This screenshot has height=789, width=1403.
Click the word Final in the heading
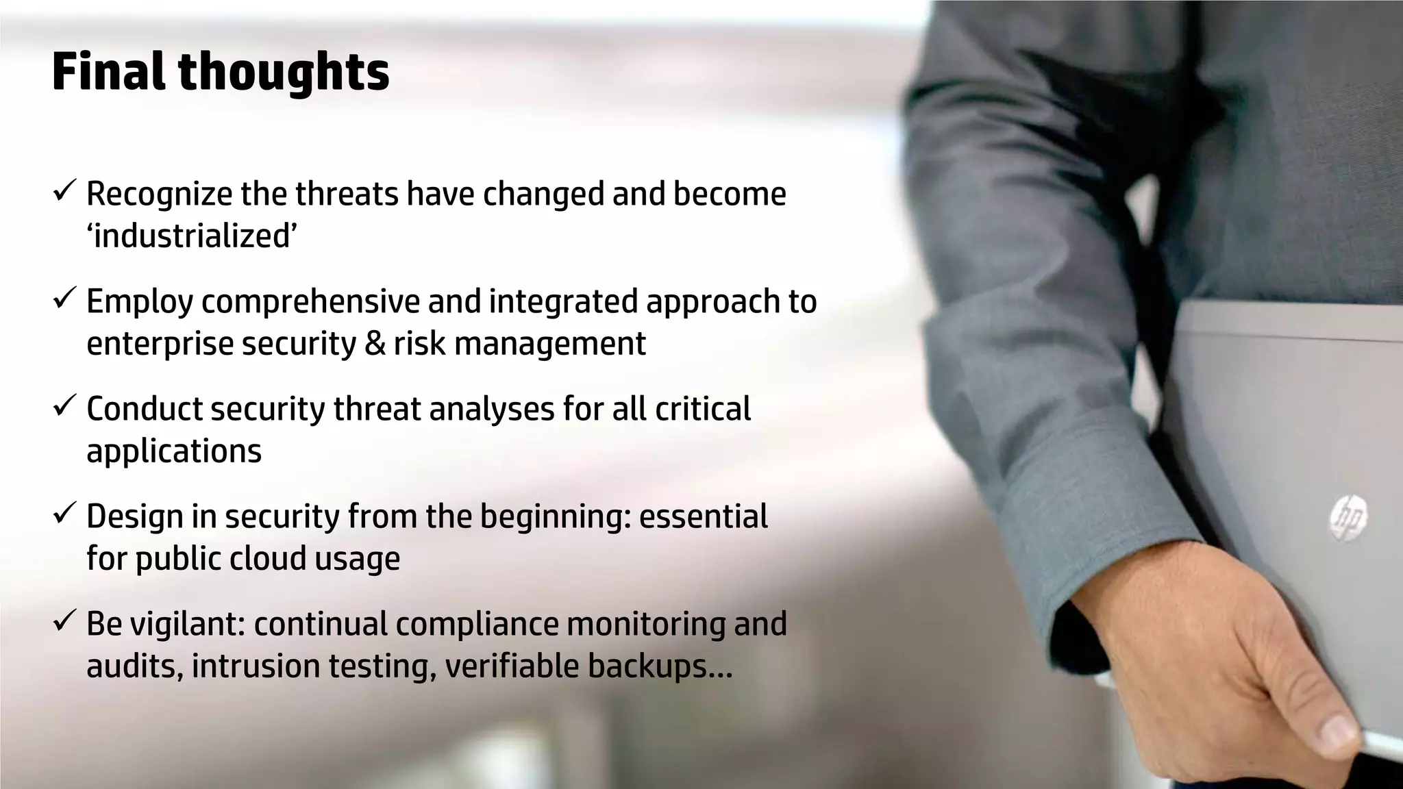pos(108,72)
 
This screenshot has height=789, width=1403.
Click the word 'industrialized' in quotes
pos(192,236)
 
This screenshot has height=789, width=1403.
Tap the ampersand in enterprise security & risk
pos(375,343)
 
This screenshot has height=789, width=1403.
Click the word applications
pos(174,451)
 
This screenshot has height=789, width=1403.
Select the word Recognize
pos(159,195)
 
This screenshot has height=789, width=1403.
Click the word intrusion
pos(255,666)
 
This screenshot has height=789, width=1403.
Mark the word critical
pos(703,409)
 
